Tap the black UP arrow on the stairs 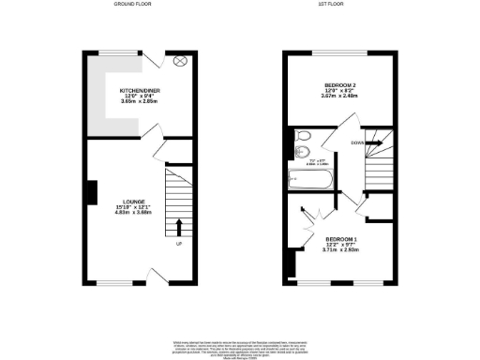click(179, 226)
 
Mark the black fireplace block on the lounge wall click(89, 193)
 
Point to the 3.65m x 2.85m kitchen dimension click(122, 100)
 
